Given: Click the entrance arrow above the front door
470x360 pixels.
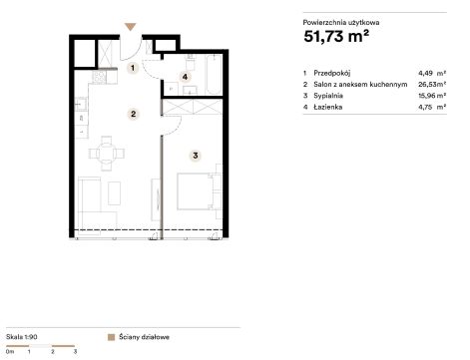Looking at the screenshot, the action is (x=130, y=27).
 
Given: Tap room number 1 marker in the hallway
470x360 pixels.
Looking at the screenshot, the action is (x=133, y=68).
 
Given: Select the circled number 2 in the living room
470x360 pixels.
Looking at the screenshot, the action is (x=133, y=114).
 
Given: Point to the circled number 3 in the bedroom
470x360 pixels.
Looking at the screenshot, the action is (x=195, y=156).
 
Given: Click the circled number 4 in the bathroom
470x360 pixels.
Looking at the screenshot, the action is (x=185, y=77).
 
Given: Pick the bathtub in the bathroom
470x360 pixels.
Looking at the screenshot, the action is (x=214, y=75).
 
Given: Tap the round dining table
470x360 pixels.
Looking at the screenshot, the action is (x=107, y=154).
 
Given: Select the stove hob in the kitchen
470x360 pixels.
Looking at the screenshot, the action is (x=99, y=77).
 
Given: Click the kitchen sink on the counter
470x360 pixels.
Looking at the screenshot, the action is (x=81, y=104).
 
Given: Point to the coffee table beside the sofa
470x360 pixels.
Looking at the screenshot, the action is (x=114, y=193).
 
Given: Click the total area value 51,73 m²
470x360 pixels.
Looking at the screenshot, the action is (x=336, y=36).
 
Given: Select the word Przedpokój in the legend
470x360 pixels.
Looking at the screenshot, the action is (x=331, y=73).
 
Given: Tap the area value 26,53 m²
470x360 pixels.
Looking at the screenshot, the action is (x=432, y=84).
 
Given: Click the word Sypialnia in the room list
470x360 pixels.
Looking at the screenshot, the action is (x=328, y=96).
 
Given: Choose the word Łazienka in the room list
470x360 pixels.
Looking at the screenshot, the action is (x=327, y=107).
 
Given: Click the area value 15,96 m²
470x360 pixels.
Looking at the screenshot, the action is (x=432, y=96).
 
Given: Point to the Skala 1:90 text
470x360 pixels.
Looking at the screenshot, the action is (x=22, y=337).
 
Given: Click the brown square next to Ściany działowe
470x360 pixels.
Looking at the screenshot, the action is (x=111, y=337).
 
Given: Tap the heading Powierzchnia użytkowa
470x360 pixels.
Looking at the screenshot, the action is (x=341, y=23).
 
